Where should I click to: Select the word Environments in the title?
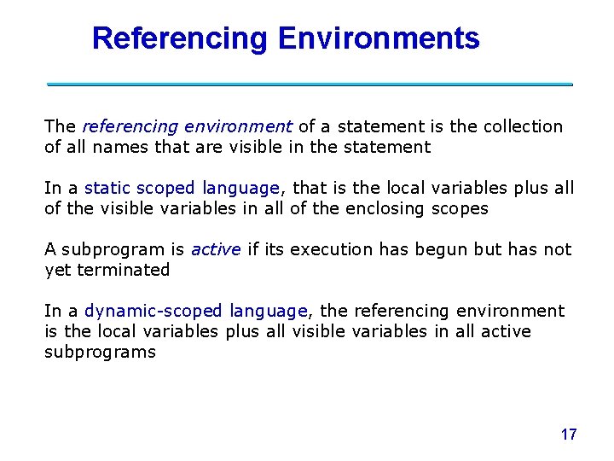[378, 38]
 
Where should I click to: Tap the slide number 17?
[569, 435]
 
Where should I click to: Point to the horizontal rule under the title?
[310, 85]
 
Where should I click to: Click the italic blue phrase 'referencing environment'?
[188, 126]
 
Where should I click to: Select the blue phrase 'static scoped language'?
[182, 188]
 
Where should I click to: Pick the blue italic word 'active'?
[216, 249]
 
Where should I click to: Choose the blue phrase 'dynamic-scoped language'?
[196, 311]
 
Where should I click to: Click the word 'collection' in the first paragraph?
[523, 126]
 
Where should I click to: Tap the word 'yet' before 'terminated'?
[56, 270]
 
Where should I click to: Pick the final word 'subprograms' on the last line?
[100, 352]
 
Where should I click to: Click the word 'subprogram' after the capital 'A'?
[113, 249]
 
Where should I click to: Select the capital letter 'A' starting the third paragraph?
[50, 249]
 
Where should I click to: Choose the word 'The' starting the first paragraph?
[61, 126]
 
